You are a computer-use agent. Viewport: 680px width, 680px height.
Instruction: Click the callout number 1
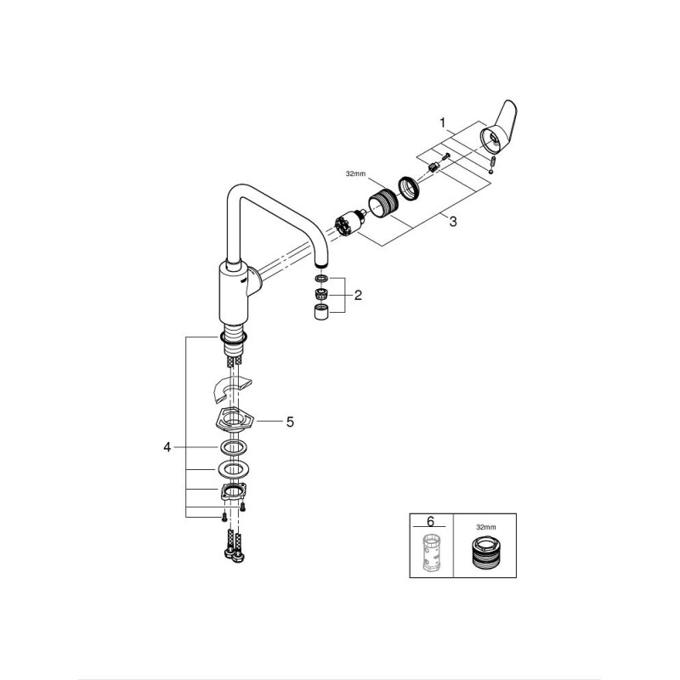pyautogui.click(x=442, y=123)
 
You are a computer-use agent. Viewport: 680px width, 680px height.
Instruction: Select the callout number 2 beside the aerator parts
pyautogui.click(x=358, y=295)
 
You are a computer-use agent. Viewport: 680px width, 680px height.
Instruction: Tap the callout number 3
pyautogui.click(x=453, y=222)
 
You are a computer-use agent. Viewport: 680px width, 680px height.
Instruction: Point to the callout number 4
pyautogui.click(x=167, y=447)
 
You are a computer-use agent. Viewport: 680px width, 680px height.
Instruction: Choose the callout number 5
pyautogui.click(x=290, y=421)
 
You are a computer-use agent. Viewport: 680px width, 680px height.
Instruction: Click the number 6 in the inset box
pyautogui.click(x=430, y=521)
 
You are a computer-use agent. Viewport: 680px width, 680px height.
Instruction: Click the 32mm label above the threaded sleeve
pyautogui.click(x=355, y=174)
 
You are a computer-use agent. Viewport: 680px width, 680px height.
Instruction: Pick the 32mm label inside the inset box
pyautogui.click(x=485, y=527)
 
